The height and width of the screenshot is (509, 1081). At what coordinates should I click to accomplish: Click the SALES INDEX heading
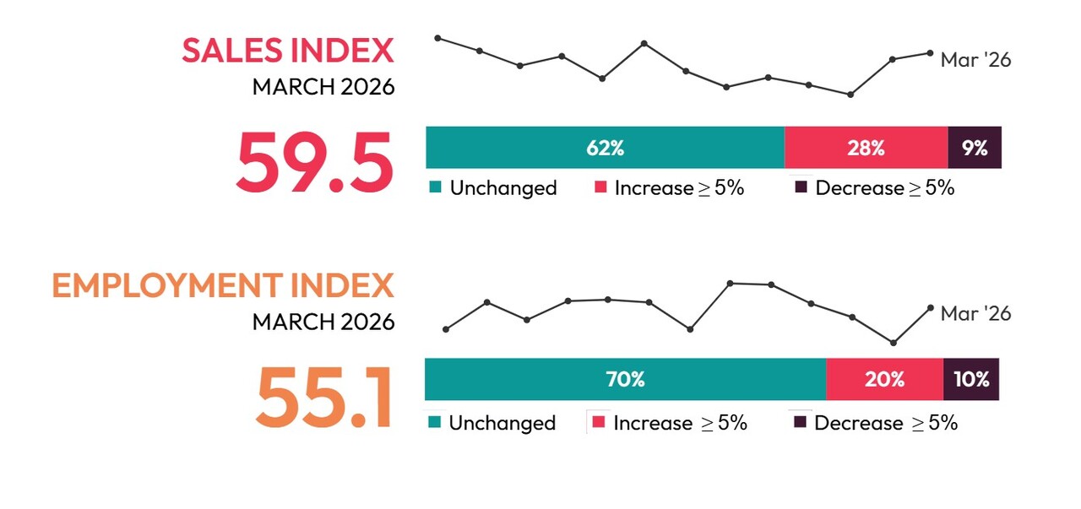[x=288, y=51]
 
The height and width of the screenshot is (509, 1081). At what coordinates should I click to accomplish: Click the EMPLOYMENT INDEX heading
[x=223, y=286]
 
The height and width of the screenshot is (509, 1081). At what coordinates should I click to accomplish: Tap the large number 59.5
[x=314, y=161]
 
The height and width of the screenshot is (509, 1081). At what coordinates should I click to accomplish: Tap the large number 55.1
[x=324, y=396]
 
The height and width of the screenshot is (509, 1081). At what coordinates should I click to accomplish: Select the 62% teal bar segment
[x=605, y=148]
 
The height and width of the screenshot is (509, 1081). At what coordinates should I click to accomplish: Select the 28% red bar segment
[x=866, y=148]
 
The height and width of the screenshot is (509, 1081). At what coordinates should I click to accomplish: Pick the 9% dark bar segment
[x=975, y=148]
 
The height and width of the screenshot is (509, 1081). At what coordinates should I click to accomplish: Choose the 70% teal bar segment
[x=625, y=379]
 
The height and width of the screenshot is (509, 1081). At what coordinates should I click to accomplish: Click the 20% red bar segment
[x=884, y=379]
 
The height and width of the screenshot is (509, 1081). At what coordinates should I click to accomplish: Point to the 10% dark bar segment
[x=971, y=379]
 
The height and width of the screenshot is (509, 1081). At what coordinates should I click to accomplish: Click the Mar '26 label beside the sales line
[x=975, y=60]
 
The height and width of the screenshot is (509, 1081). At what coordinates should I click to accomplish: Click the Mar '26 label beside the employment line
[x=975, y=313]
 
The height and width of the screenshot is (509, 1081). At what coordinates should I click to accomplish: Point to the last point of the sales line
[x=930, y=53]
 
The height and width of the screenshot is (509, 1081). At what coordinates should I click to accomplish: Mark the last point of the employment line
[x=930, y=308]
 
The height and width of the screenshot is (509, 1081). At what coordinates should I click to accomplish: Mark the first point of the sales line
[x=437, y=38]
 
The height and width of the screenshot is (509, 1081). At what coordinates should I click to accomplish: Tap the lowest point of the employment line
[x=893, y=343]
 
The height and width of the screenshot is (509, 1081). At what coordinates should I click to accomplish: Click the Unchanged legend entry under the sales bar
[x=493, y=188]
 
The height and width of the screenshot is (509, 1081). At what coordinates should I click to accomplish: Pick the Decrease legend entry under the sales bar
[x=875, y=188]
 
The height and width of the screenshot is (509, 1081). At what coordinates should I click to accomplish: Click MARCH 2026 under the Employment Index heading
[x=323, y=322]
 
